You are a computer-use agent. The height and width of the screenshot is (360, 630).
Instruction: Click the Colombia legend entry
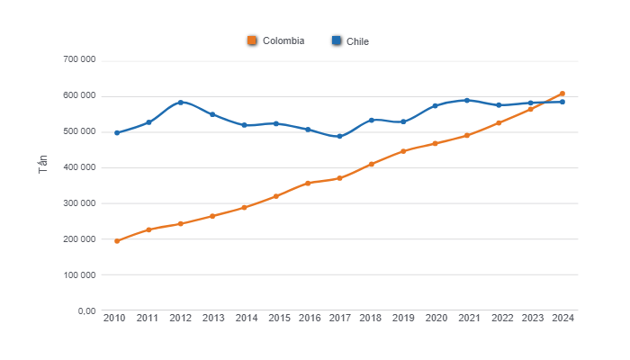pyautogui.click(x=276, y=40)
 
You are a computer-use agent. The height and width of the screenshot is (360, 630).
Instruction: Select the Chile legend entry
pyautogui.click(x=351, y=40)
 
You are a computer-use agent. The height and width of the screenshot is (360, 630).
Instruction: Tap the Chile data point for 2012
pyautogui.click(x=181, y=103)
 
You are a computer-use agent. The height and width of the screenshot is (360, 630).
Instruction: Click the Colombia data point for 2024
pyautogui.click(x=562, y=94)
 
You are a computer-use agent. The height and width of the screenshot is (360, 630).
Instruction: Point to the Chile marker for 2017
pyautogui.click(x=339, y=137)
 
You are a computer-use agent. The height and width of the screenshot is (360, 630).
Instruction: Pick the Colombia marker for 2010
pyautogui.click(x=117, y=241)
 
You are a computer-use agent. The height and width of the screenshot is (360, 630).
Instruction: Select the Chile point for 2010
pyautogui.click(x=117, y=133)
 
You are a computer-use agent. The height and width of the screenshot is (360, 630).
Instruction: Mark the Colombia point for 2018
pyautogui.click(x=372, y=164)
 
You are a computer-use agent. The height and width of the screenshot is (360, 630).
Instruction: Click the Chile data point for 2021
pyautogui.click(x=467, y=100)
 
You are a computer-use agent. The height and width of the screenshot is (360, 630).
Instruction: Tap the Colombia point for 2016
pyautogui.click(x=308, y=183)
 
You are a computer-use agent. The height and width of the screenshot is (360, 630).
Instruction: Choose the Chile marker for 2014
pyautogui.click(x=244, y=125)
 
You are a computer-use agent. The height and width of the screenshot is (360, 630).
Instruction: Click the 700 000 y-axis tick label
pyautogui.click(x=79, y=60)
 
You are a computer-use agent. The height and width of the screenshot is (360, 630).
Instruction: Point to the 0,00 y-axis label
pyautogui.click(x=86, y=311)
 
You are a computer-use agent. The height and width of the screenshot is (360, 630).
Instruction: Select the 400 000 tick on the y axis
pyautogui.click(x=79, y=167)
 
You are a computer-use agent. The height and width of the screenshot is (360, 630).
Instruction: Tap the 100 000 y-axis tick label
pyautogui.click(x=79, y=275)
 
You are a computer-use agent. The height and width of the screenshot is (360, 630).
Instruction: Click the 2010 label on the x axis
pyautogui.click(x=114, y=319)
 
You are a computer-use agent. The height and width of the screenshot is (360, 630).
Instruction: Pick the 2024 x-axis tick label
pyautogui.click(x=562, y=319)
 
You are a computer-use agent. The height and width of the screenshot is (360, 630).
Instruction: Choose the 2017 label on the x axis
pyautogui.click(x=339, y=319)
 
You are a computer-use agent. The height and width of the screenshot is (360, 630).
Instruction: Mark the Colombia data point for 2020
pyautogui.click(x=435, y=144)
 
